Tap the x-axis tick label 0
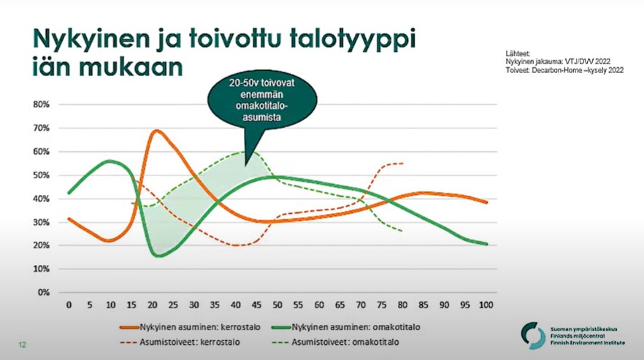click(x=69, y=305)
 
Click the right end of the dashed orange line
click(x=402, y=163)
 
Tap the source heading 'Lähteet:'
click(x=517, y=54)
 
